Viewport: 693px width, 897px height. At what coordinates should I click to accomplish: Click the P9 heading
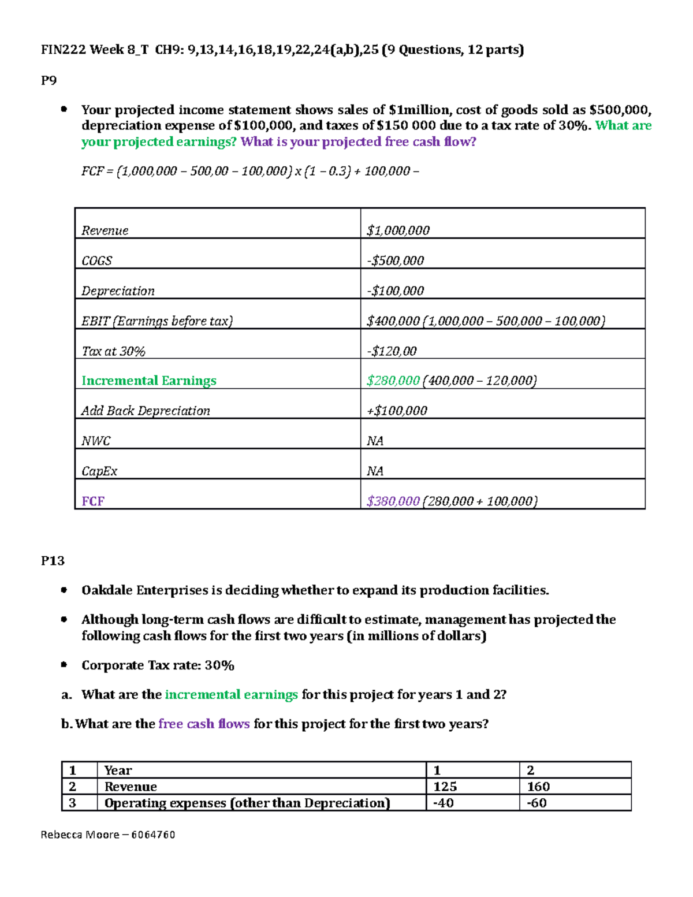click(49, 80)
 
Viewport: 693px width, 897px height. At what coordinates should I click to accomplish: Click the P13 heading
click(53, 561)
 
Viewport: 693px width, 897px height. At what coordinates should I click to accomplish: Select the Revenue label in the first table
click(105, 230)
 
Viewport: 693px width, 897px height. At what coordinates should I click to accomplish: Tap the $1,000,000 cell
click(398, 230)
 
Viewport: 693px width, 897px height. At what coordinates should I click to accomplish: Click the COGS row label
click(96, 260)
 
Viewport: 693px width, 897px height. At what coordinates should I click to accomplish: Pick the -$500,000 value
click(396, 260)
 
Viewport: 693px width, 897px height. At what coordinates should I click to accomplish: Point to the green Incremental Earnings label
click(148, 381)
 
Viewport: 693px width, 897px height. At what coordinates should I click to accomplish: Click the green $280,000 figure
click(393, 381)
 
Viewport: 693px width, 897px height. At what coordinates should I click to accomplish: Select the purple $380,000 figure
click(393, 501)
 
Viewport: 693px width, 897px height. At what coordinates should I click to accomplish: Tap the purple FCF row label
click(92, 501)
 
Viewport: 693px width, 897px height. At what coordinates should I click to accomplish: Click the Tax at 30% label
click(113, 351)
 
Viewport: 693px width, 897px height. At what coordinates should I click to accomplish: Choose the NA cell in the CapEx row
click(375, 471)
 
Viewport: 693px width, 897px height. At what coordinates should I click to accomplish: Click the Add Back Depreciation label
click(146, 411)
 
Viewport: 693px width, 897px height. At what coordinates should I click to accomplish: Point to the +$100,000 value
click(397, 411)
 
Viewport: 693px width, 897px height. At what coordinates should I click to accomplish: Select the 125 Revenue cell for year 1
click(445, 787)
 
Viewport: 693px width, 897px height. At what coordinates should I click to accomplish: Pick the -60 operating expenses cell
click(536, 803)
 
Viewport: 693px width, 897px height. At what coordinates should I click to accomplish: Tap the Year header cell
click(118, 771)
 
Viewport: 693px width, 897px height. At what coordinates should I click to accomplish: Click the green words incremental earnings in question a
click(231, 694)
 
